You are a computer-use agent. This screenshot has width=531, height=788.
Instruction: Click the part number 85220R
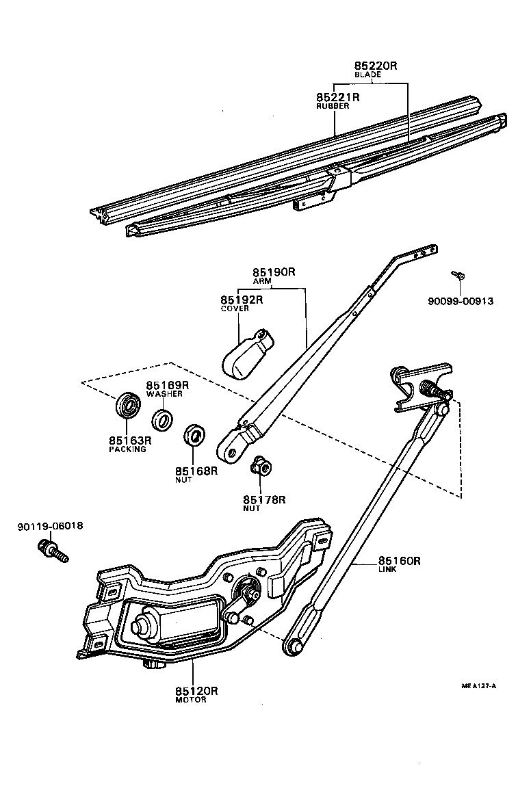(x=375, y=66)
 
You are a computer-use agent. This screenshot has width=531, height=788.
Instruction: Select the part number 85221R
(x=337, y=98)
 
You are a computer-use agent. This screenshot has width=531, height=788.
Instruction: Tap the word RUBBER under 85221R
(x=333, y=107)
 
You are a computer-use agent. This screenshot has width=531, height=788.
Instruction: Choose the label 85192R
(x=242, y=300)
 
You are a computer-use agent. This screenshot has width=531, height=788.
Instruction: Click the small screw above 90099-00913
(x=459, y=275)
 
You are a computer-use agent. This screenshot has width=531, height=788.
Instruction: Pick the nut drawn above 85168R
(x=195, y=435)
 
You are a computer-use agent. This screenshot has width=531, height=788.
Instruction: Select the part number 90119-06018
(x=50, y=526)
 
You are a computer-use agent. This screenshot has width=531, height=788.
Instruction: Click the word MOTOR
(x=190, y=700)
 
